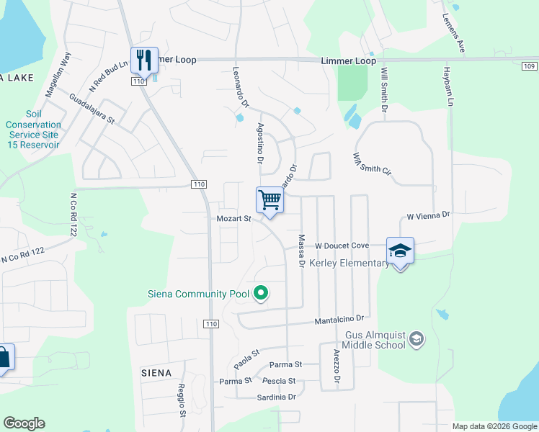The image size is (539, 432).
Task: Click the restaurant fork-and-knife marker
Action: [144, 60]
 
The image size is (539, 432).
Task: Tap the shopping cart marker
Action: [269, 199]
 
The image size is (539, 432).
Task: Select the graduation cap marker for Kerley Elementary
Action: [400, 251]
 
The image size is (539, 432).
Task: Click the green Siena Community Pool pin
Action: [262, 293]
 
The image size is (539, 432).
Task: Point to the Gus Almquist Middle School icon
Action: [415, 338]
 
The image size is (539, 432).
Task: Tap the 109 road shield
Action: [529, 66]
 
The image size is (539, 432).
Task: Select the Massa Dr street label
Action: [301, 251]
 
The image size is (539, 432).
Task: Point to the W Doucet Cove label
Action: [342, 246]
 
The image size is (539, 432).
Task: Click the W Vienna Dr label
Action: [428, 215]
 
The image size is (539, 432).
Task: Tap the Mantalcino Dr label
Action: [342, 318]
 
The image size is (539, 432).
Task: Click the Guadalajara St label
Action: [92, 108]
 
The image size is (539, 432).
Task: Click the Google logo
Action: [24, 423]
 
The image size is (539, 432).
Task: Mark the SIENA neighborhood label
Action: [156, 373]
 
